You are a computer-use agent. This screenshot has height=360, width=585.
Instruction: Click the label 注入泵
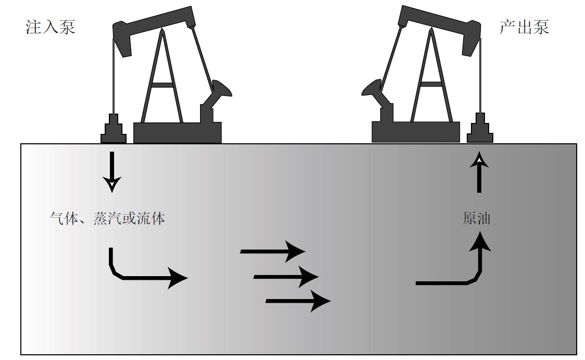51,28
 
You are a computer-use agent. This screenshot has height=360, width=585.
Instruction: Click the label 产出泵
524,28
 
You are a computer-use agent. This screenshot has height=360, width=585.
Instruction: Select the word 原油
476,219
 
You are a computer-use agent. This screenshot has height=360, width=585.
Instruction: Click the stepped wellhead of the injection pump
114,129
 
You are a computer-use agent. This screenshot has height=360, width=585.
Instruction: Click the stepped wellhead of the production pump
480,129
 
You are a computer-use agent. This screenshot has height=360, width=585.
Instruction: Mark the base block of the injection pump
178,132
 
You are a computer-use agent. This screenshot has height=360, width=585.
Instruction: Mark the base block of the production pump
416,132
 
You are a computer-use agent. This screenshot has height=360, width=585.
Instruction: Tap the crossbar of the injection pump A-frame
163,84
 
